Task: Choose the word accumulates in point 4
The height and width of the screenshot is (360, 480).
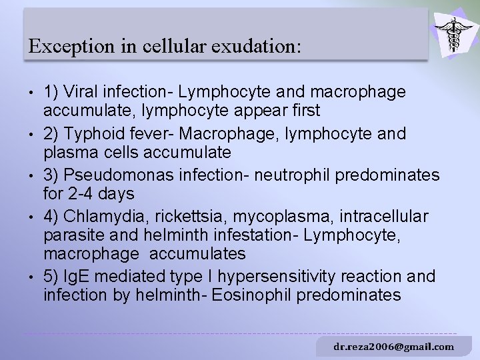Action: (x=198, y=254)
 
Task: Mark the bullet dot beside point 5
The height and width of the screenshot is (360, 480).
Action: (x=30, y=276)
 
